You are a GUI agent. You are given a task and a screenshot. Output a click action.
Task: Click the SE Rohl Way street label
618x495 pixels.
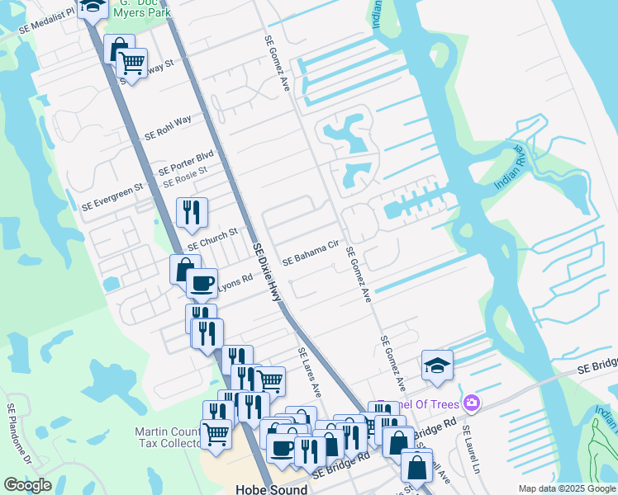click(x=168, y=127)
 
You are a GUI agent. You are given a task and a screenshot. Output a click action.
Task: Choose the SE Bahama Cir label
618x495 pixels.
click(x=311, y=253)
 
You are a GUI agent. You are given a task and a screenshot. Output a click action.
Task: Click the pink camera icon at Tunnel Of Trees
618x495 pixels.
click(x=472, y=403)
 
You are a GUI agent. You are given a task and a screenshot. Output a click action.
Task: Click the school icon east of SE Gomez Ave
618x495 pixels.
click(x=437, y=365)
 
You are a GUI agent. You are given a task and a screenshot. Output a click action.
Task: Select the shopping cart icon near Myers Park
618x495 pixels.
click(x=131, y=61)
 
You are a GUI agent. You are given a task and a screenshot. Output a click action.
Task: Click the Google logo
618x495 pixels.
click(x=27, y=485)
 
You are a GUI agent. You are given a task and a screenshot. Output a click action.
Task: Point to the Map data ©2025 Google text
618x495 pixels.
click(x=566, y=488)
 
